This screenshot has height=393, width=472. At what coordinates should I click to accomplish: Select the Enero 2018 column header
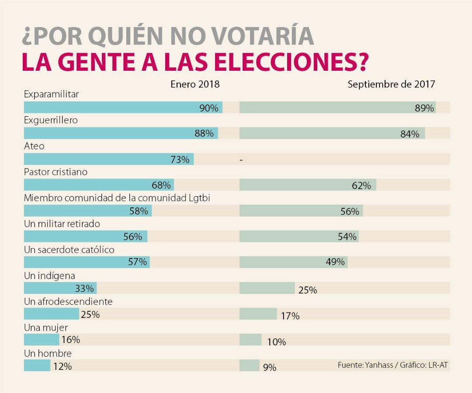(195, 84)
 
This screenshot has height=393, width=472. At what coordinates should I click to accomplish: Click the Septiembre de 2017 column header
(391, 84)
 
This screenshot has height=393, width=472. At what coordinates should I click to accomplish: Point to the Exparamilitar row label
(51, 94)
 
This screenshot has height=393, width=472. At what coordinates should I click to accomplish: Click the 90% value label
(208, 108)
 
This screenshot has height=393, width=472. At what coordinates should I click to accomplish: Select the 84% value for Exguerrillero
(410, 134)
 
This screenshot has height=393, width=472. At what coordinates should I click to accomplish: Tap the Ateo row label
(34, 146)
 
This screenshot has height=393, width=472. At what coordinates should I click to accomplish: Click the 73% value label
(180, 159)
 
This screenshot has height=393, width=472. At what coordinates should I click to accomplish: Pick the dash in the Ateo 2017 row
(241, 160)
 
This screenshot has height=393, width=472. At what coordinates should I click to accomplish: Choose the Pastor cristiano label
(56, 172)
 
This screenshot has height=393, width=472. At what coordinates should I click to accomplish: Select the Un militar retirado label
(62, 224)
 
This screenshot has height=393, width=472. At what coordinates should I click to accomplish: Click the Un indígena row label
(49, 276)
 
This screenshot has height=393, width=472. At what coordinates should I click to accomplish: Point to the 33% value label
(84, 288)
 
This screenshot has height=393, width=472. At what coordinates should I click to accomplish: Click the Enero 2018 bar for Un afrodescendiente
(51, 314)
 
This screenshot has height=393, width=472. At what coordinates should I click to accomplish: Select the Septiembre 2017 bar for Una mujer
(250, 340)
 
